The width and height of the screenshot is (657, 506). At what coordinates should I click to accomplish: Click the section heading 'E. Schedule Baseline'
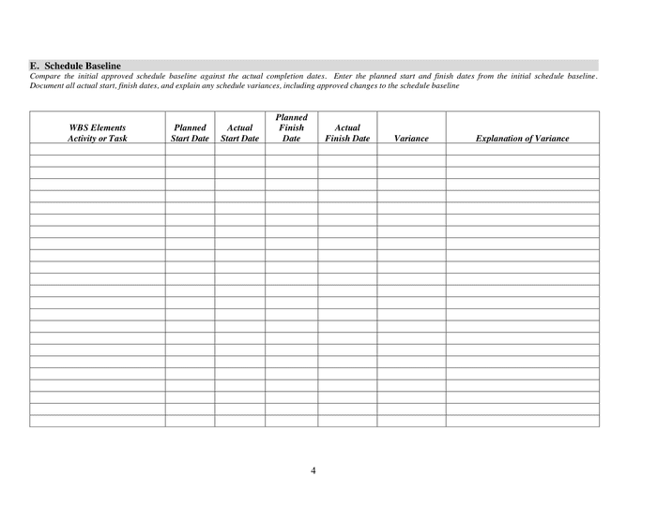coord(75,66)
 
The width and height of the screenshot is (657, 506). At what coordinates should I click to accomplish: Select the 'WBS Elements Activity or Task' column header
coord(98,133)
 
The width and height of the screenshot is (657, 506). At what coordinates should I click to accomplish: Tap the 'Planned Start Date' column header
coord(190,133)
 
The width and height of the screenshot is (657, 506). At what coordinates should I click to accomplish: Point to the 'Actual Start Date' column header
coord(239,133)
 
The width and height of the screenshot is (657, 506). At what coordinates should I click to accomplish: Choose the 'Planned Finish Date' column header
coord(291,127)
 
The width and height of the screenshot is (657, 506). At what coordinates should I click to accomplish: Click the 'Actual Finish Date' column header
coord(347,133)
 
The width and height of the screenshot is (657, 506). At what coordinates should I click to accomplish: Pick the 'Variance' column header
coord(411,139)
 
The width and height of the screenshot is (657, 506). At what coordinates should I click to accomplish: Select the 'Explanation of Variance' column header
coord(522,139)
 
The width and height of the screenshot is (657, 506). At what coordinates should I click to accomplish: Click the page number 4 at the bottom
coord(313,470)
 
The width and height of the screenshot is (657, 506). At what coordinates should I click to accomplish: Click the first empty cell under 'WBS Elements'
coord(98,149)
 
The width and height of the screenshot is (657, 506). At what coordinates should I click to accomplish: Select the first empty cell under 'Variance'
coord(411,149)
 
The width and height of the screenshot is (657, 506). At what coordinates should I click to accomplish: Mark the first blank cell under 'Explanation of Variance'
coord(522,149)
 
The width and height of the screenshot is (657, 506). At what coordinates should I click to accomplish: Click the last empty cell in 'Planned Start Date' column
coord(190,421)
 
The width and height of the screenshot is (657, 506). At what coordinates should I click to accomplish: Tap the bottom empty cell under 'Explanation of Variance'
coord(522,421)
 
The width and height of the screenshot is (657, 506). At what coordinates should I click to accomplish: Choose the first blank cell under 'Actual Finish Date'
coord(347,149)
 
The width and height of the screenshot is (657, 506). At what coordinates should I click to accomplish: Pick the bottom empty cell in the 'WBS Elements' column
coord(98,421)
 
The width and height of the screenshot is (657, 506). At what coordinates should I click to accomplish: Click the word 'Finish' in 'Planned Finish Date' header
coord(291,127)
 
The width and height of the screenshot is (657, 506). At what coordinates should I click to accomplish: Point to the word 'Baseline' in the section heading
coord(101,66)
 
